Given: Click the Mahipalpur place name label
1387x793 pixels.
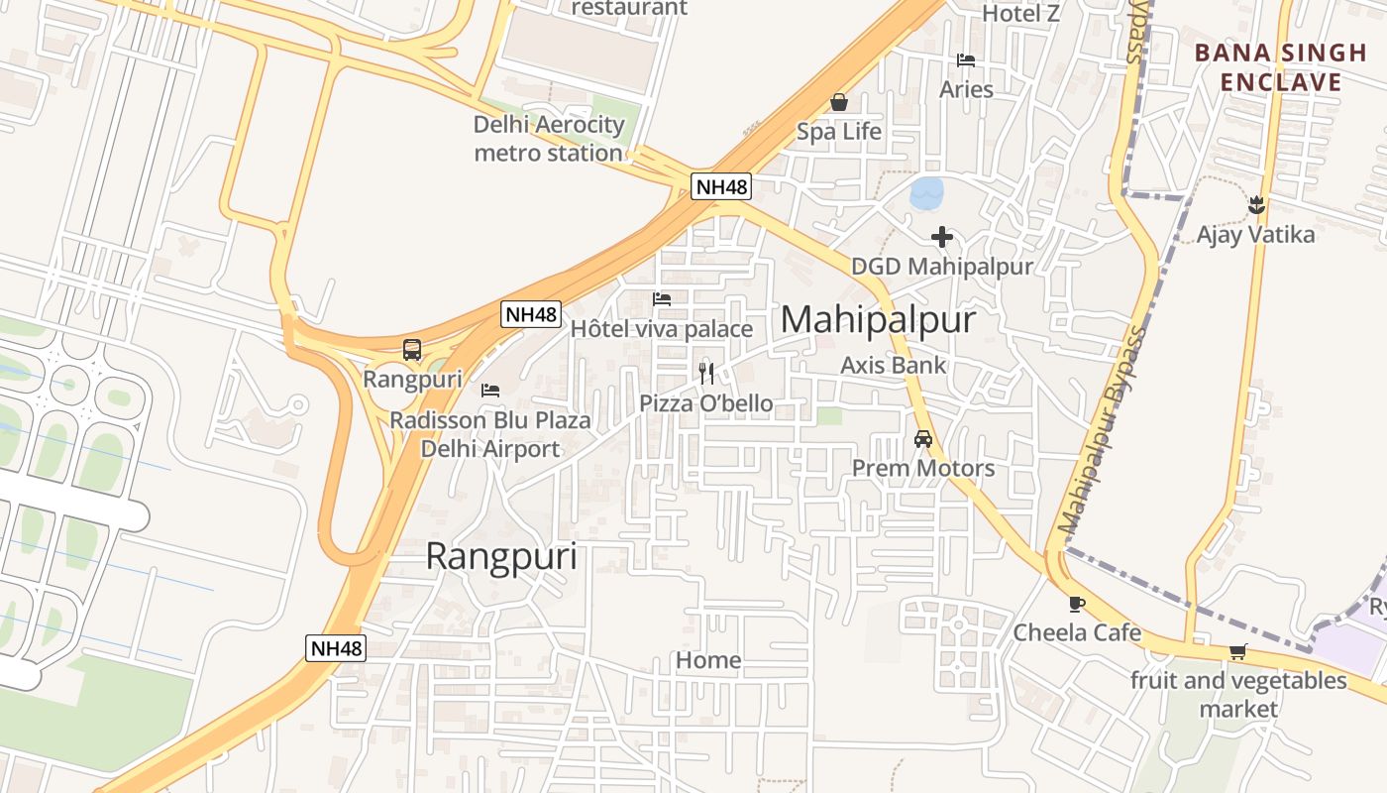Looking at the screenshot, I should [x=878, y=320].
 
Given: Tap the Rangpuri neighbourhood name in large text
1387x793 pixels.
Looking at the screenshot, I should [x=501, y=556].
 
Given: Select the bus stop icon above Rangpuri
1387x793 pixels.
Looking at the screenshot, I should [x=412, y=350].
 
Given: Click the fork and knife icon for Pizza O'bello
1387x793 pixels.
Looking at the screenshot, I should [x=706, y=374].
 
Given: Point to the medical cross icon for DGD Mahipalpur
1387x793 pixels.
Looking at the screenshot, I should [x=942, y=237].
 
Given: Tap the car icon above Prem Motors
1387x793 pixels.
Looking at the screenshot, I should [x=923, y=438].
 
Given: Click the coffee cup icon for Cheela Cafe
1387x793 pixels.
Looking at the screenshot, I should [x=1077, y=604].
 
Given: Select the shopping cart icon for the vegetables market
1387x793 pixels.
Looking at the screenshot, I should [x=1237, y=651].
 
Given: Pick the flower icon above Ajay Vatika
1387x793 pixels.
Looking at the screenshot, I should [x=1257, y=205].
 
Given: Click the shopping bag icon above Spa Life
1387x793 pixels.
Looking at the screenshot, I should [x=839, y=102].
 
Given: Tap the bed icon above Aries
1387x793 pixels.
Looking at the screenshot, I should [x=966, y=60].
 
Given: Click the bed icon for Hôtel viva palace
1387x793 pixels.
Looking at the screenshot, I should [x=662, y=298].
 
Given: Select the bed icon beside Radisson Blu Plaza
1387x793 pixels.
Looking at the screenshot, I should [x=490, y=391].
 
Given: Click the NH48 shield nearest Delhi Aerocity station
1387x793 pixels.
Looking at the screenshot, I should [x=721, y=186].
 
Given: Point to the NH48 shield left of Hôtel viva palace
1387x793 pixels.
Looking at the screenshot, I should [x=531, y=314].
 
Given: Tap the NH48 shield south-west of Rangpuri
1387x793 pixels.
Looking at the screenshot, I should [x=337, y=648].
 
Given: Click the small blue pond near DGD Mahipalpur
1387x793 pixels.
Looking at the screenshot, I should [x=926, y=193].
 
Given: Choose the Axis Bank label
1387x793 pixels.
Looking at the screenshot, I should [x=894, y=365].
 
